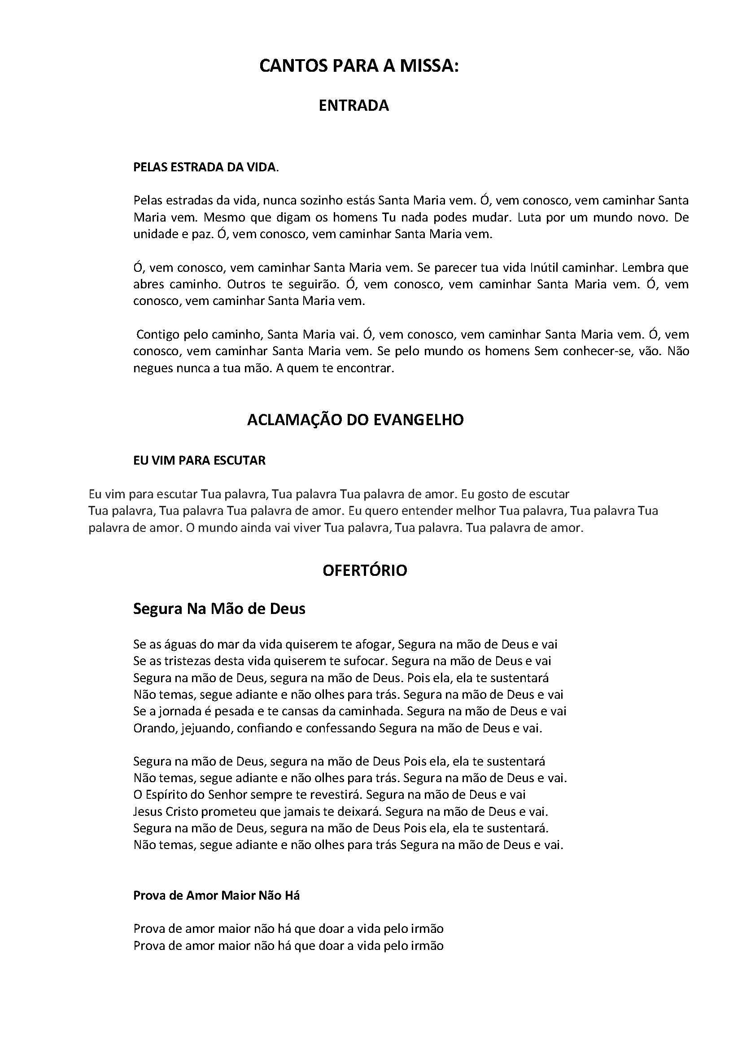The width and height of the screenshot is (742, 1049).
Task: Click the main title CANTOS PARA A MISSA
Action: coord(359,67)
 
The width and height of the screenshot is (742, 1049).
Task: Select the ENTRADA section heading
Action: coord(354,105)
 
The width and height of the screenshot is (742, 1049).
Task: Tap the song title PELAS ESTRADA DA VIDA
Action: coord(205,167)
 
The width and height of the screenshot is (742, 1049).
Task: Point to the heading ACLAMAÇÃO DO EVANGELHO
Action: coord(355,420)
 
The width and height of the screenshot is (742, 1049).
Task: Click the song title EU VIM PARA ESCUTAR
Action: coord(199,460)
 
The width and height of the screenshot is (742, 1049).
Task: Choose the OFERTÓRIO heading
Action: coord(365,570)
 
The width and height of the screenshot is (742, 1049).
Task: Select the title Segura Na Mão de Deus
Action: coord(219,609)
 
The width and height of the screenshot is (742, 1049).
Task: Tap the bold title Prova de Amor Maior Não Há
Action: coord(217,896)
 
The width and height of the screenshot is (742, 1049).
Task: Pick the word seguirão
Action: coord(313,284)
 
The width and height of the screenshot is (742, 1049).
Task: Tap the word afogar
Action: coord(373,644)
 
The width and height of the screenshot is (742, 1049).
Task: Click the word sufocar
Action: coord(367,661)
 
